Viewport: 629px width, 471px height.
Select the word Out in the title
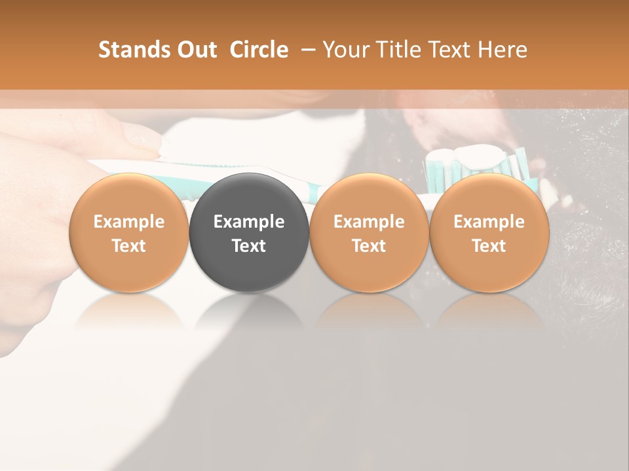[195, 50]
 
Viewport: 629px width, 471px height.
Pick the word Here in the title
[504, 50]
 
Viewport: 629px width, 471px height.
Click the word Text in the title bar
[452, 50]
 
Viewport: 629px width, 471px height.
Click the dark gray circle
[249, 233]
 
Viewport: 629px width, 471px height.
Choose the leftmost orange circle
[129, 233]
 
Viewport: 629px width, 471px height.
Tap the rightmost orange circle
[489, 233]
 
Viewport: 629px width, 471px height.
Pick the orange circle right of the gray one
[369, 233]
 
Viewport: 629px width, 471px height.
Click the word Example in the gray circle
[249, 222]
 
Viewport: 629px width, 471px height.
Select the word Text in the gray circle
[249, 246]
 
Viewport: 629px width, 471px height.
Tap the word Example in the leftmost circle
[129, 222]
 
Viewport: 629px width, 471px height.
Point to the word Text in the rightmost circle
[489, 246]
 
